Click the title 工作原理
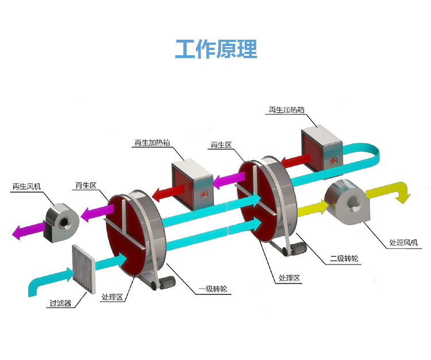click(215, 49)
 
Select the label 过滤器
click(60, 303)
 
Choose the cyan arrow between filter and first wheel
click(109, 262)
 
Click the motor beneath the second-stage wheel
click(297, 249)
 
